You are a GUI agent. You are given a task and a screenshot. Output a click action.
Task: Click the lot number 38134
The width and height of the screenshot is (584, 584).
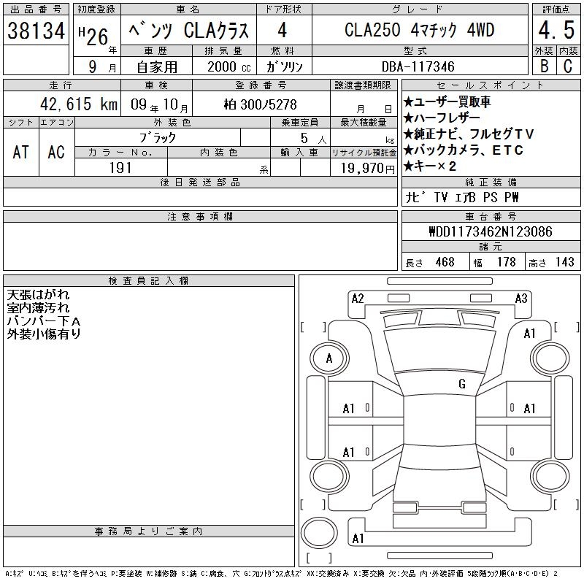click(x=36, y=31)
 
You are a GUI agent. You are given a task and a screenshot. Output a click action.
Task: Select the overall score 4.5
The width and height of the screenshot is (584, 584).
click(x=556, y=30)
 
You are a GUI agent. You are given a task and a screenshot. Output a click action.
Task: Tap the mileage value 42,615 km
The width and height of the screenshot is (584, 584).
click(x=79, y=104)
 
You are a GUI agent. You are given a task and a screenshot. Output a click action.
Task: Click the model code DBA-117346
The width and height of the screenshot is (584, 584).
click(x=418, y=66)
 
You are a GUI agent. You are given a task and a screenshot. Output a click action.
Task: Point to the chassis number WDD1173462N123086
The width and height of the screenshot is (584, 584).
click(x=491, y=231)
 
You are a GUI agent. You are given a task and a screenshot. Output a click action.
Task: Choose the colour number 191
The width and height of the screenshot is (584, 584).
click(x=120, y=168)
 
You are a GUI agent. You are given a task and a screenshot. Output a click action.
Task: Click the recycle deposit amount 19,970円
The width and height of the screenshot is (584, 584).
click(x=368, y=169)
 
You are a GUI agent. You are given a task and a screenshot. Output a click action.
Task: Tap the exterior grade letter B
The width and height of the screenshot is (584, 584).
click(x=544, y=66)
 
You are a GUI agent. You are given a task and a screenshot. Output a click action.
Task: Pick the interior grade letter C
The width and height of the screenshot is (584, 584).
click(x=568, y=66)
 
